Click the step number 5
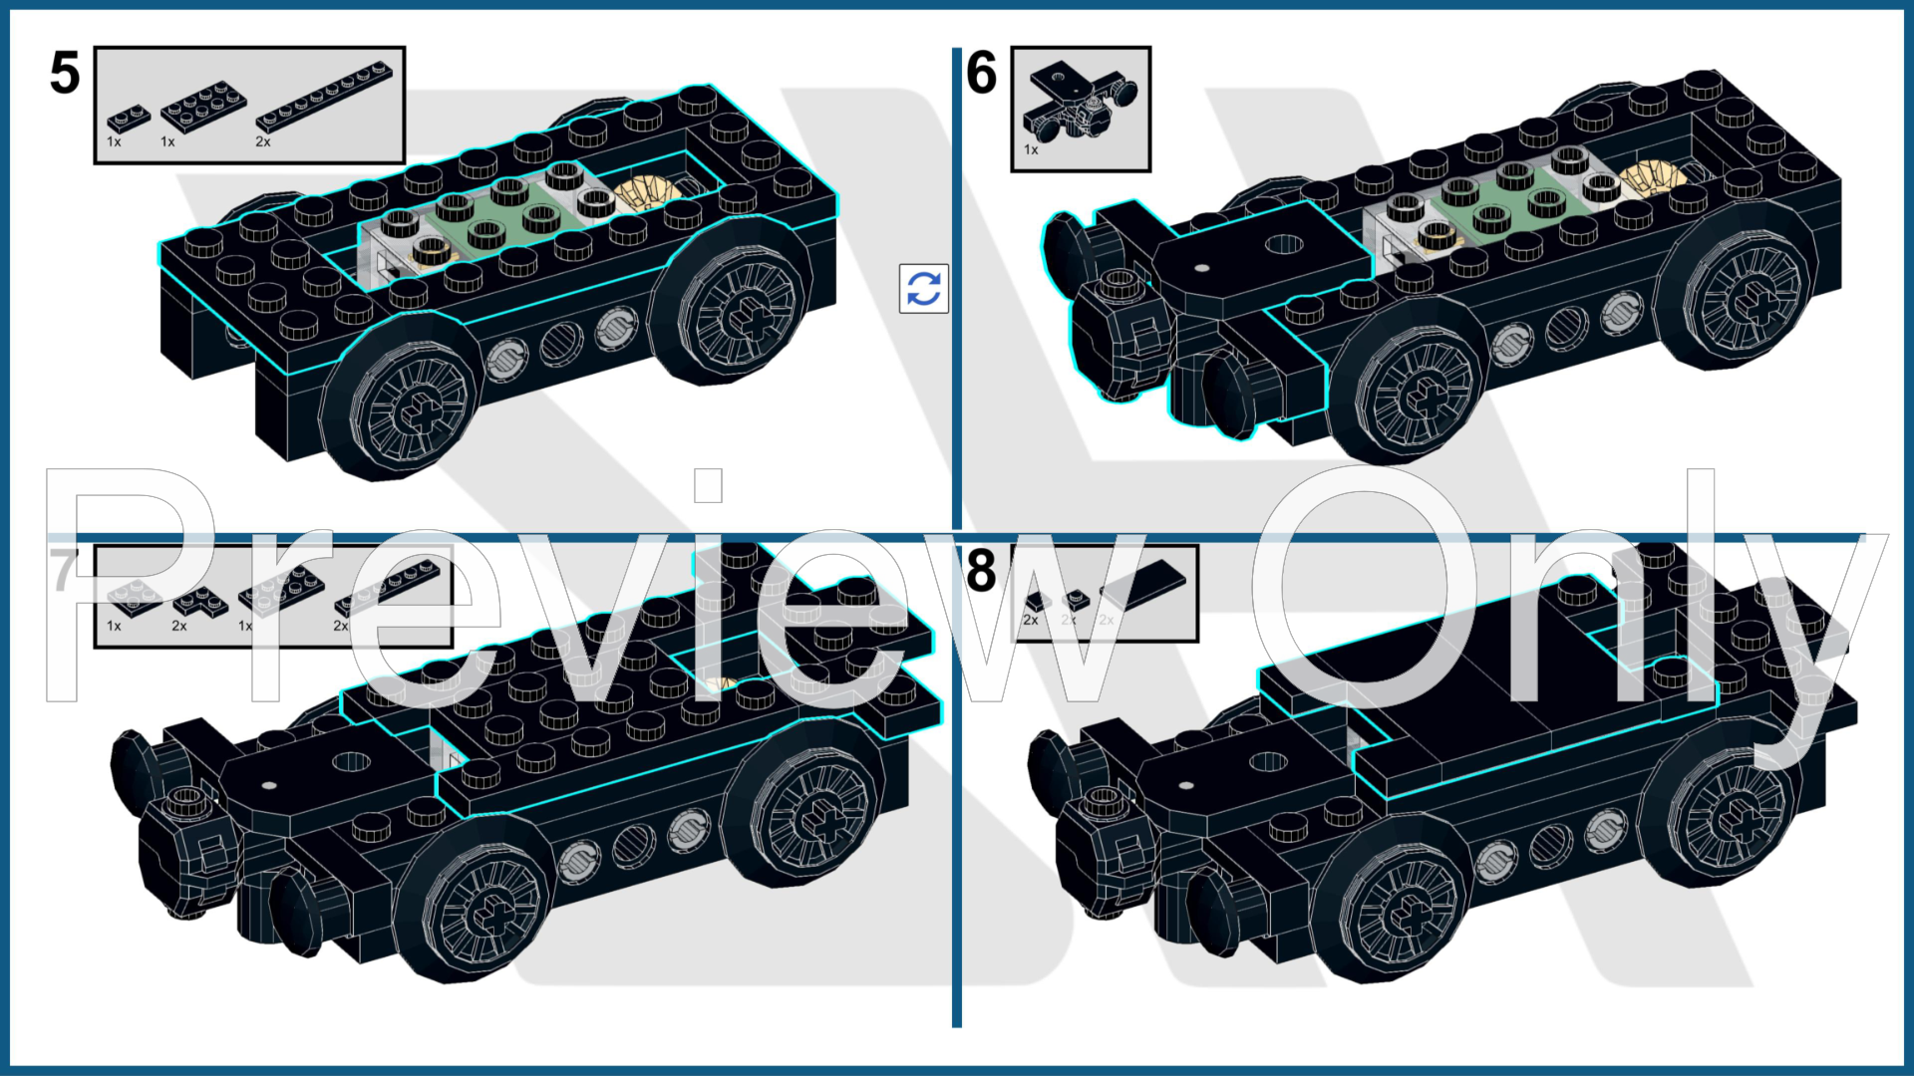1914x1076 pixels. tap(65, 74)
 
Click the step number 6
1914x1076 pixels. tap(981, 74)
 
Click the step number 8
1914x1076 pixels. tap(981, 570)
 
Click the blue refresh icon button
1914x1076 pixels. tap(923, 289)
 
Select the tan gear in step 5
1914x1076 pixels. tap(645, 190)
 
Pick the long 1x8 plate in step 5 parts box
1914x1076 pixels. tap(324, 97)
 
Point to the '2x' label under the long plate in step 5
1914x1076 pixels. tap(263, 142)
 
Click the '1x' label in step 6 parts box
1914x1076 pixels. tap(1031, 150)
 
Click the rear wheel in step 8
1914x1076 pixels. tap(1735, 817)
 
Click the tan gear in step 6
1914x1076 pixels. tap(1652, 179)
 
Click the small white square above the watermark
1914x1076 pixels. tap(708, 486)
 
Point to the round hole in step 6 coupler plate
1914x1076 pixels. tap(1284, 244)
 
